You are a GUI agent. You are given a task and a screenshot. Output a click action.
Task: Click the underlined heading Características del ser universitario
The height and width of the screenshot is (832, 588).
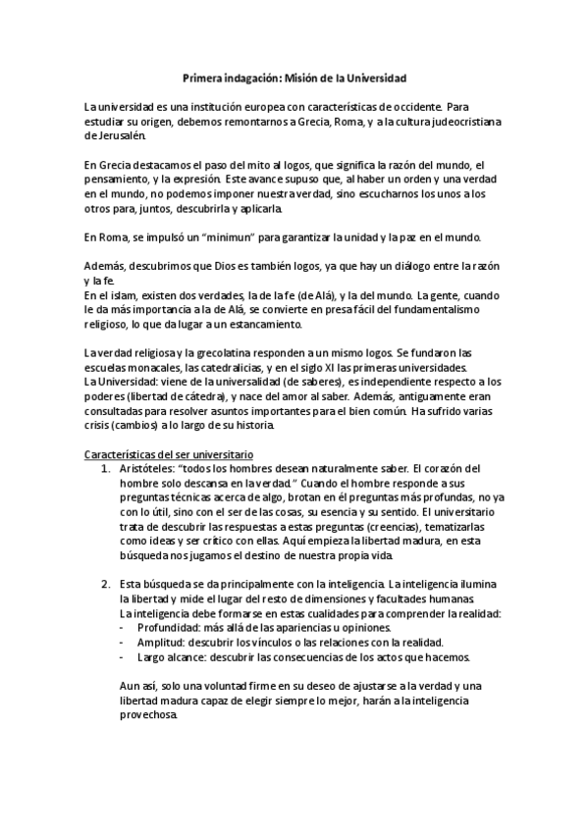pyautogui.click(x=169, y=455)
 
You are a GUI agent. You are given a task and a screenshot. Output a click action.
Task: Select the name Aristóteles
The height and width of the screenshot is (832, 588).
pyautogui.click(x=149, y=469)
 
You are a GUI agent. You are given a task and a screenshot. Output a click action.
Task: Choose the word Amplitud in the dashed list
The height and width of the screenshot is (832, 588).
pyautogui.click(x=159, y=642)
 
